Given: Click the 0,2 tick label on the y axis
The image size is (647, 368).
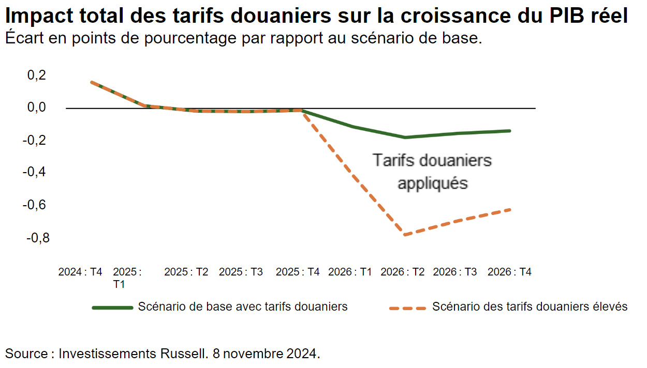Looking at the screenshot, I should [x=36, y=75].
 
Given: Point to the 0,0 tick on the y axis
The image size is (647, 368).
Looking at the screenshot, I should [x=36, y=108].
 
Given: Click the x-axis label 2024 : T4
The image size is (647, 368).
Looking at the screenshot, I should [x=80, y=272].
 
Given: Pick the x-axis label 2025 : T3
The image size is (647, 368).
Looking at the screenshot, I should [x=241, y=272].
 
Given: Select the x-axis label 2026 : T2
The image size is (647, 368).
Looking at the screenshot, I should [x=402, y=272].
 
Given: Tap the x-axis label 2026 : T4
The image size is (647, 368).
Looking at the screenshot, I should [x=510, y=272].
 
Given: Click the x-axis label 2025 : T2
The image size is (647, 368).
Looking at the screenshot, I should [x=186, y=272].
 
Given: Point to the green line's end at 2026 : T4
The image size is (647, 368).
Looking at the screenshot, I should [x=510, y=131].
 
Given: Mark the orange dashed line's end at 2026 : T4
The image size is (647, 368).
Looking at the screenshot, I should [x=510, y=209].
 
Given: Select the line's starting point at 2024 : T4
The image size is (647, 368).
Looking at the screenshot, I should [x=91, y=82].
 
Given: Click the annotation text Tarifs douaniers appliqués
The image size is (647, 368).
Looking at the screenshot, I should [x=432, y=172].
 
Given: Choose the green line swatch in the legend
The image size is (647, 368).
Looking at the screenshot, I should [x=112, y=308].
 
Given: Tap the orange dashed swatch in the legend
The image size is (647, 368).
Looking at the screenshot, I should [x=407, y=308].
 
